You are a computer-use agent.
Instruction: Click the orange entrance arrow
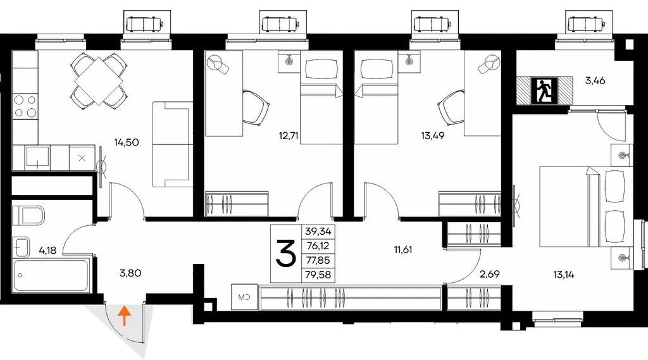pos(125,316)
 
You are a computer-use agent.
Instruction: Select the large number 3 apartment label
pos(286,253)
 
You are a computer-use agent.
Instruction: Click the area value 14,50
pos(127,142)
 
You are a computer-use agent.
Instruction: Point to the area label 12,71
pos(289,135)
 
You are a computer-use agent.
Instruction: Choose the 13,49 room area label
pos(433,135)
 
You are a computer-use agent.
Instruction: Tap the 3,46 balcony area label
pos(595,80)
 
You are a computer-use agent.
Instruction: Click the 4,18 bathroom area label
pos(47,250)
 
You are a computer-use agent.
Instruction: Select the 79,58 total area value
pos(319,275)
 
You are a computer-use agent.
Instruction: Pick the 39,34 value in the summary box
pos(319,232)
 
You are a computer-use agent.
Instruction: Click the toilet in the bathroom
pos(28,216)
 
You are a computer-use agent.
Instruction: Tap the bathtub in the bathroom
pos(51,275)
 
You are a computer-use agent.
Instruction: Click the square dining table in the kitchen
pos(99,79)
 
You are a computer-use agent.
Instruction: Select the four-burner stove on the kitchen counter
pos(25,106)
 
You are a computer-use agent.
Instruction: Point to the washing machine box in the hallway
pos(244,297)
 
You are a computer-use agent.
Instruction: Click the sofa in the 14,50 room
pos(172,144)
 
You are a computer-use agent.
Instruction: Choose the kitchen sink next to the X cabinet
pos(37,158)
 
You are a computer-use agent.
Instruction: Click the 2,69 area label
pos(490,274)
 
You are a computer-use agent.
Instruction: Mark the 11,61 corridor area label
pos(402,250)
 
